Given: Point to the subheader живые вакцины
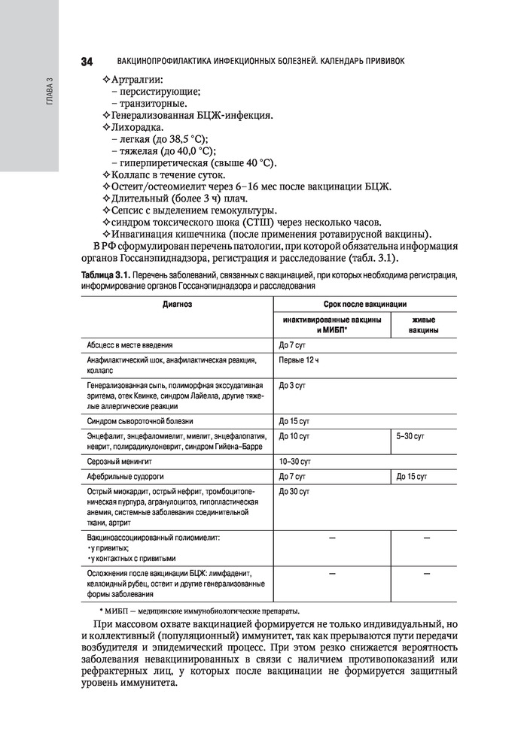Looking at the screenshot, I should [424, 326].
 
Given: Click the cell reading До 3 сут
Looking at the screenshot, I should [291, 386].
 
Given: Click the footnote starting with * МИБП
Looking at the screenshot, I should [200, 609].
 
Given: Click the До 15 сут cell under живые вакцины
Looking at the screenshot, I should [412, 476].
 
